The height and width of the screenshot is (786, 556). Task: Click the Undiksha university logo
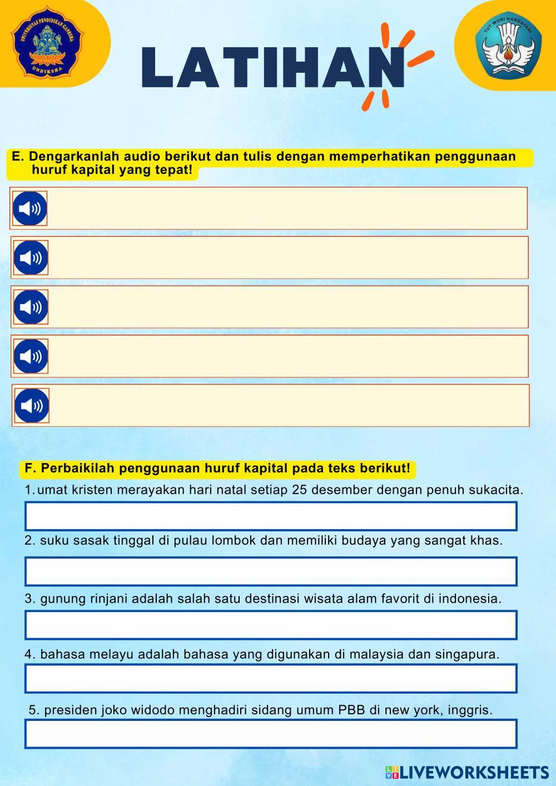point(47,44)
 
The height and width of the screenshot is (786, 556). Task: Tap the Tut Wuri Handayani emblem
point(508,46)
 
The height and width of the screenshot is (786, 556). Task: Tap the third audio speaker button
point(31,307)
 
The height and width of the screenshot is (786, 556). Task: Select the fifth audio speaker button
point(32,406)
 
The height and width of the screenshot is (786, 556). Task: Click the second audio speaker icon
point(31,258)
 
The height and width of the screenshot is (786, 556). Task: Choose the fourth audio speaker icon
point(31,356)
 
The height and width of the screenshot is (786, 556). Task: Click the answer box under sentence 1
point(271,516)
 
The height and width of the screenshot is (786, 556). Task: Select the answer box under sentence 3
point(271,625)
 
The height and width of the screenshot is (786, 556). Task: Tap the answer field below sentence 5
point(271,734)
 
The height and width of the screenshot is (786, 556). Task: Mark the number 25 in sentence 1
point(299,490)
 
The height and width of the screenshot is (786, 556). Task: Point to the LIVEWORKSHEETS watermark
point(467,772)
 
